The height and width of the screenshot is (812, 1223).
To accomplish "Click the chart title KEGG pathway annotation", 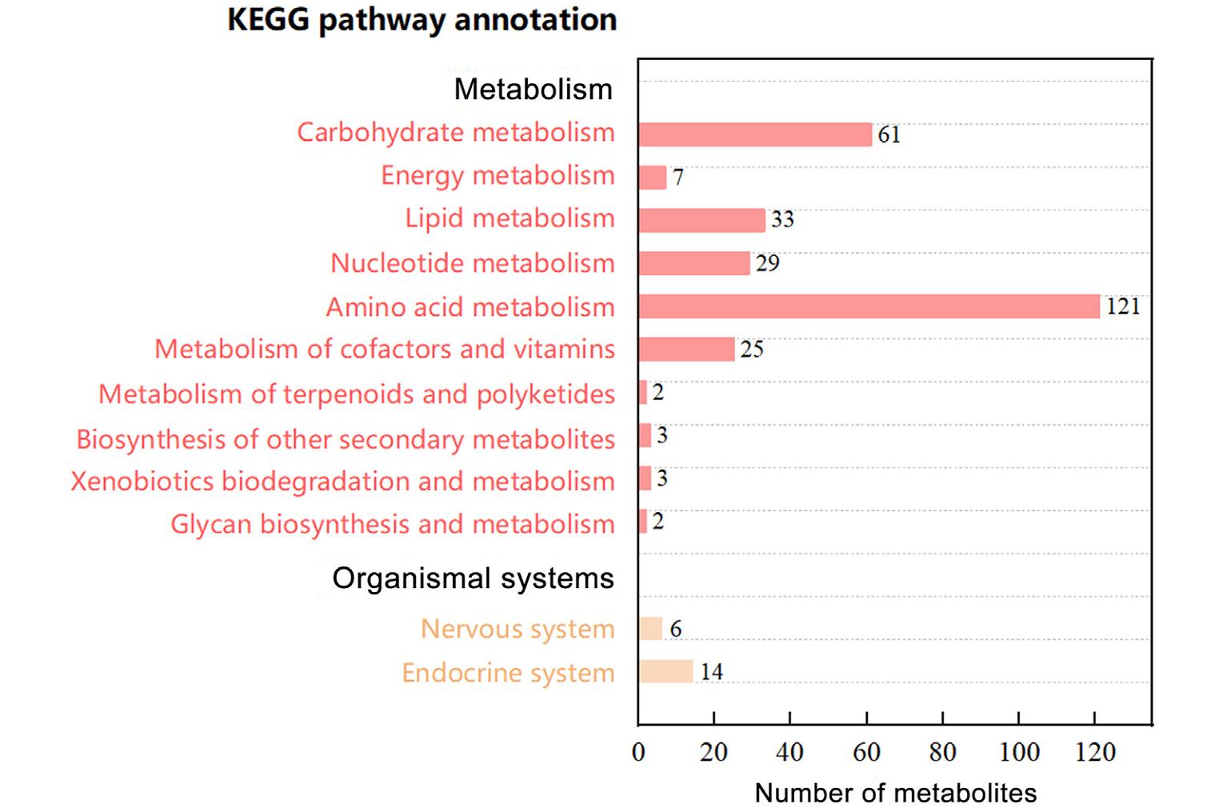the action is [x=422, y=21].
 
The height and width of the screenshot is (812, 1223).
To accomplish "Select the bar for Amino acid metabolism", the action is [x=869, y=306].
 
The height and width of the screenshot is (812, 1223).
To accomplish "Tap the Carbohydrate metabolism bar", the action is [x=756, y=134].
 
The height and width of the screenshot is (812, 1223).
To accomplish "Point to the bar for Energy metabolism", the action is [x=653, y=178].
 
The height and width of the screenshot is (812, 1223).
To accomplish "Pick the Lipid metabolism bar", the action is [x=702, y=220].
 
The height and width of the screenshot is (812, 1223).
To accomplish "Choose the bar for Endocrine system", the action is [x=666, y=671].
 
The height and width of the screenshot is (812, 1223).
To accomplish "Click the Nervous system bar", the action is [x=651, y=629].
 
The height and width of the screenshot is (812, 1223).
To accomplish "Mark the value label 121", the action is [x=1123, y=306].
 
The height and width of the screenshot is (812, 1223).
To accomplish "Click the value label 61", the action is [x=889, y=135].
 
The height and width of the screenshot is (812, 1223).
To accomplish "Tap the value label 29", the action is [x=767, y=263].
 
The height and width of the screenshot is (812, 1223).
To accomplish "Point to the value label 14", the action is [x=711, y=672].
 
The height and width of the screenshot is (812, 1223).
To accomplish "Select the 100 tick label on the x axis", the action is [x=1019, y=752].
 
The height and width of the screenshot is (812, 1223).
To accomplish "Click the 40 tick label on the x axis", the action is [x=789, y=752].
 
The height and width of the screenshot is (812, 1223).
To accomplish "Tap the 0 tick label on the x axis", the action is [x=638, y=752].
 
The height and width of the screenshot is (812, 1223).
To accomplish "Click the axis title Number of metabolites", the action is [x=895, y=793].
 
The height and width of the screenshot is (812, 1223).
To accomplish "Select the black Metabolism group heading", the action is [x=534, y=89].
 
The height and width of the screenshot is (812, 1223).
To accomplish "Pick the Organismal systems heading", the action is [x=474, y=578].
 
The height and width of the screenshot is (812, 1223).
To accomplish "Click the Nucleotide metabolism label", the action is [x=473, y=263].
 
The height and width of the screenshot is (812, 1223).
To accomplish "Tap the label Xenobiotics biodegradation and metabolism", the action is [x=343, y=482].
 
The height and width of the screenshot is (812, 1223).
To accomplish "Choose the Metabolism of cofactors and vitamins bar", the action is [x=687, y=350].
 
